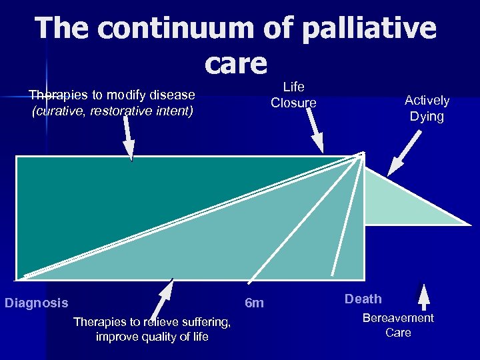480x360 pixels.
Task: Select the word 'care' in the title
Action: tap(235, 63)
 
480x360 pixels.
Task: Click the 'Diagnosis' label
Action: tap(37, 303)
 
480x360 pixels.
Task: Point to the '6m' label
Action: tap(254, 303)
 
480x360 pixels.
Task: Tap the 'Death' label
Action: tap(363, 299)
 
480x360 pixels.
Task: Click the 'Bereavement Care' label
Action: tap(398, 325)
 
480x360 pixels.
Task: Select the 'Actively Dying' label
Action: tap(427, 108)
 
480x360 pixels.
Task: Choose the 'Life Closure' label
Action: tap(293, 95)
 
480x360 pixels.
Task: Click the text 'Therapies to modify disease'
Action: tap(112, 95)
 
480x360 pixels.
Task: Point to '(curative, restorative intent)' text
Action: tap(112, 111)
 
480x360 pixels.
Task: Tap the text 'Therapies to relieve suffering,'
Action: tap(152, 323)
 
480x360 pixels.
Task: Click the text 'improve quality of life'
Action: tap(152, 337)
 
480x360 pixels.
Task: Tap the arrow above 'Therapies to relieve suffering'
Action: tap(164, 297)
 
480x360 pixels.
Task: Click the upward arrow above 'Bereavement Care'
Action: tap(425, 295)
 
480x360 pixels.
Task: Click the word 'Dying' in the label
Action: tap(427, 117)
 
